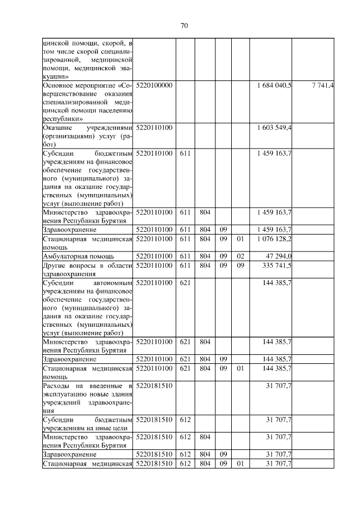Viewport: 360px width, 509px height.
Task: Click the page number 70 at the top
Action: pyautogui.click(x=184, y=25)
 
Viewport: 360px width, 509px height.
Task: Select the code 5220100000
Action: pyautogui.click(x=155, y=85)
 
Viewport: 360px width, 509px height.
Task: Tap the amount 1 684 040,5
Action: pyautogui.click(x=274, y=85)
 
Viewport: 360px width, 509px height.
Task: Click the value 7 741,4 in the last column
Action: pyautogui.click(x=322, y=85)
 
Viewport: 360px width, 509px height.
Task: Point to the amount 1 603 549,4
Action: pyautogui.click(x=274, y=128)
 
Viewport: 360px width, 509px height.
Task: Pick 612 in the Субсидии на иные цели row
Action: pyautogui.click(x=184, y=420)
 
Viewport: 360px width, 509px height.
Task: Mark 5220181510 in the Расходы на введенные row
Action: pyautogui.click(x=155, y=385)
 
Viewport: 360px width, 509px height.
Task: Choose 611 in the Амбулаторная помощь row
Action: pyautogui.click(x=184, y=256)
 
